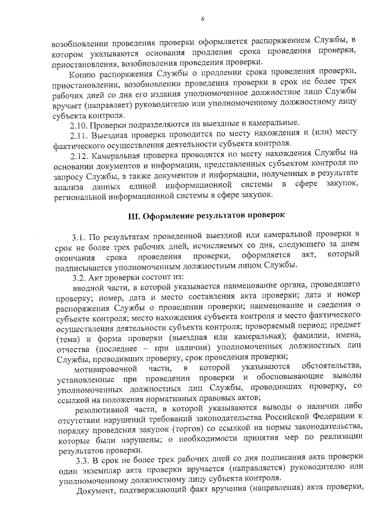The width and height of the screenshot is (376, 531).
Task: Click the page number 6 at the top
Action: [202, 19]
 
